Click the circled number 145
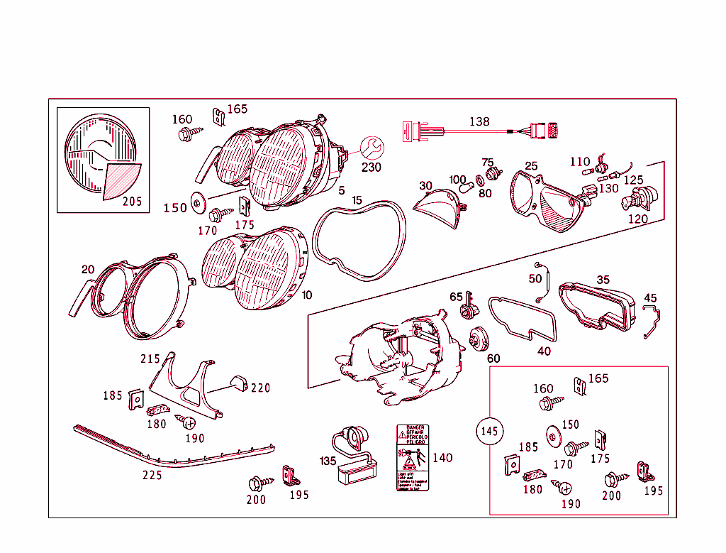click(489, 431)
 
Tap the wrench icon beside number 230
click(371, 148)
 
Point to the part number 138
click(479, 121)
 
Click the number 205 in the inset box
click(132, 202)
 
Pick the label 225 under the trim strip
click(152, 475)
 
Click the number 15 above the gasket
click(357, 200)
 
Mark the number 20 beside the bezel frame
click(88, 269)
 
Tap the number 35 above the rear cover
click(603, 280)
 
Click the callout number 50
click(535, 279)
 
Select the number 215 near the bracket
click(150, 358)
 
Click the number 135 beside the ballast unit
click(328, 461)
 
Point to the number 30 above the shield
click(425, 186)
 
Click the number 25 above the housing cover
click(531, 166)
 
